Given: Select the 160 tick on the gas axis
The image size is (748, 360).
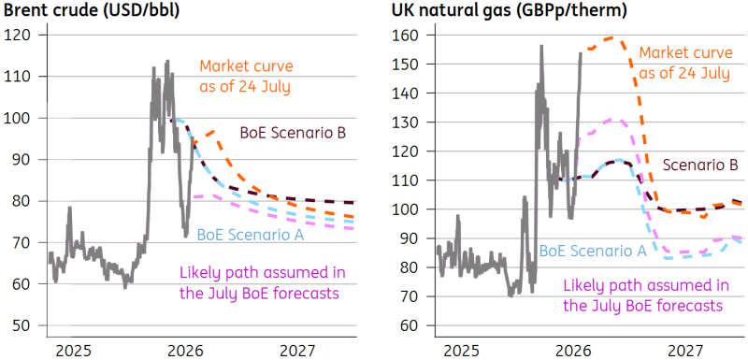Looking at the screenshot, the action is pyautogui.click(x=406, y=35).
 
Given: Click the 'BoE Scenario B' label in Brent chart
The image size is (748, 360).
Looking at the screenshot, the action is pyautogui.click(x=294, y=133).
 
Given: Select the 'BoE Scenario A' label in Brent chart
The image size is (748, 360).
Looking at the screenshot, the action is pyautogui.click(x=251, y=235).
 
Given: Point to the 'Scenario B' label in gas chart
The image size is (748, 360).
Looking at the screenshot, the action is pyautogui.click(x=700, y=165).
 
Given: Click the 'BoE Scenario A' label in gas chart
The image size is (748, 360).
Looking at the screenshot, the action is pyautogui.click(x=593, y=251).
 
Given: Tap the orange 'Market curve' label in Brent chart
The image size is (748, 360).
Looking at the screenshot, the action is pyautogui.click(x=246, y=78).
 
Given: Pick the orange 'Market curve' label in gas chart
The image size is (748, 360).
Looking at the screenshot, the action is pyautogui.click(x=685, y=64).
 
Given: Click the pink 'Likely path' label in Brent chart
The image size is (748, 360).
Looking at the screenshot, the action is pyautogui.click(x=262, y=282).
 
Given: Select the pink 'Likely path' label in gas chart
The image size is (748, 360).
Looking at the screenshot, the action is pyautogui.click(x=646, y=295).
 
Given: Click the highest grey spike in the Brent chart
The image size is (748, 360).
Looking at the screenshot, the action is pyautogui.click(x=167, y=61).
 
